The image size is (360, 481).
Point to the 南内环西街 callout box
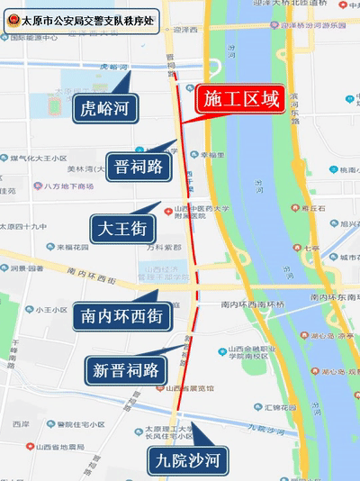click(121, 316)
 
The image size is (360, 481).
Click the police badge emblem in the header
click(12, 17)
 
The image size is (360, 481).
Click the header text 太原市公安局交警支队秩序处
click(89, 17)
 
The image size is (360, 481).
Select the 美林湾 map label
click(83, 168)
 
